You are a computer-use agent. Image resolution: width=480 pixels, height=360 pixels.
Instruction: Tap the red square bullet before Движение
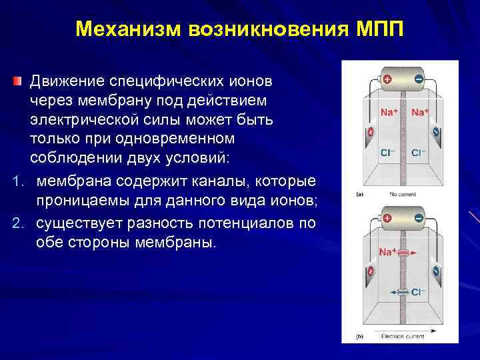point(17,81)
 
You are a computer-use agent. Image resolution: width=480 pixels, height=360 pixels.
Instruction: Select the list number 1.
point(17,182)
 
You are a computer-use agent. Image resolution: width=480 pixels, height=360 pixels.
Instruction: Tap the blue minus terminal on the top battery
point(418,79)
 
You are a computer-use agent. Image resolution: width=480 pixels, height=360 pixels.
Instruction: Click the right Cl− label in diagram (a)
point(419,152)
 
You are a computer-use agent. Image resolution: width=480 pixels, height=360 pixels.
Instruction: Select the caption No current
point(401,195)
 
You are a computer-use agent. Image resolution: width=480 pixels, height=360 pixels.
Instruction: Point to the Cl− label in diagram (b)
point(418,291)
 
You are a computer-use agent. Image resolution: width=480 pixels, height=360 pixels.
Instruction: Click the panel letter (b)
point(359,337)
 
